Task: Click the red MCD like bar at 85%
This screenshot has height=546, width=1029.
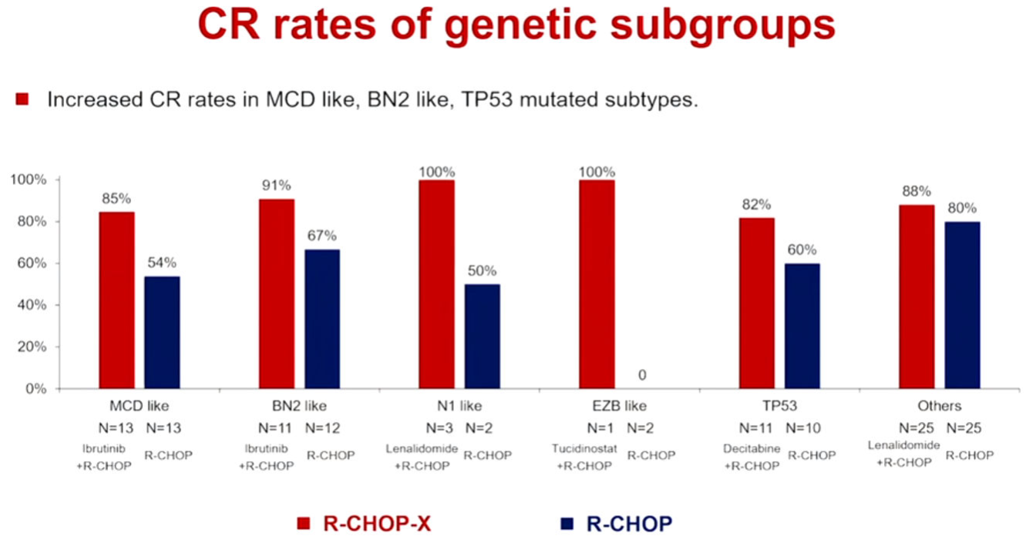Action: pos(117,300)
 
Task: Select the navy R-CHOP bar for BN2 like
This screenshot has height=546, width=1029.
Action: pos(322,319)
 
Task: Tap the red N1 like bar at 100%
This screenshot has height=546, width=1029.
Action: pos(437,284)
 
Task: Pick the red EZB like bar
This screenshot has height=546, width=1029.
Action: pos(597,284)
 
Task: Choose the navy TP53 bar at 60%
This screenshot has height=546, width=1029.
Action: pos(802,326)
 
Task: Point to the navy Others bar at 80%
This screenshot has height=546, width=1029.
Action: pos(963,305)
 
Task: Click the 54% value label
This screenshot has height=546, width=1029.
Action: pos(163,263)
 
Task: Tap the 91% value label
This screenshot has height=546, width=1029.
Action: pos(277,186)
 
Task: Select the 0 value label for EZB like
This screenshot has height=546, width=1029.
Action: pos(643,375)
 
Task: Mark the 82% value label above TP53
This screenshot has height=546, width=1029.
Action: pos(757,204)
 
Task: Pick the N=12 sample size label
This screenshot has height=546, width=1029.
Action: pos(322,427)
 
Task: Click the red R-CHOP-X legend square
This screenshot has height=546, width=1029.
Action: pos(305,524)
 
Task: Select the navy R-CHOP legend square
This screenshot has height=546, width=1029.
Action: pos(568,524)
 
